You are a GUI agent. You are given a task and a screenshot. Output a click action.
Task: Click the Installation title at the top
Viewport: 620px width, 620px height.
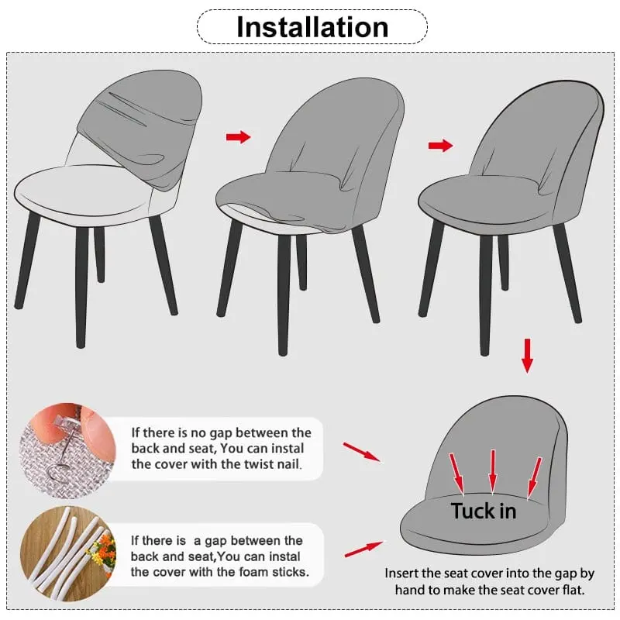312,27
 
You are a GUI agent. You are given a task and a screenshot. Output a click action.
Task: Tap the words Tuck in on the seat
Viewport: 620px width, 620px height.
484,511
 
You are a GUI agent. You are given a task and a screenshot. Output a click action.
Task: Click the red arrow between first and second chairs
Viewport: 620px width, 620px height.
239,137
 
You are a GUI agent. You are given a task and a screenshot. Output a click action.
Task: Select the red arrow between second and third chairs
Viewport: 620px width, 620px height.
440,146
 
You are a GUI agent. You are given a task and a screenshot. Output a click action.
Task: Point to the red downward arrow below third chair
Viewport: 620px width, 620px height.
527,356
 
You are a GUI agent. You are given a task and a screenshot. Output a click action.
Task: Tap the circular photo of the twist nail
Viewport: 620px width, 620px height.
67,450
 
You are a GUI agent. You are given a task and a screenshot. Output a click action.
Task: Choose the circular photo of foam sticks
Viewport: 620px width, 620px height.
68,553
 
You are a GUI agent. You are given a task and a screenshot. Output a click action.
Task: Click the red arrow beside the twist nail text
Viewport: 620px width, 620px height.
362,452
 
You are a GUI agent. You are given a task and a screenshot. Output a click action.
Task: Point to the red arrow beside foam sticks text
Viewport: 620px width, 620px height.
363,549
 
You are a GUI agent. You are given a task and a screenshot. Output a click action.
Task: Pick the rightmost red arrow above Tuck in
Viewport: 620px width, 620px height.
535,477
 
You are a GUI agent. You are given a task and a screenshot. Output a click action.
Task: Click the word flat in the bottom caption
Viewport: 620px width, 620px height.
573,590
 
